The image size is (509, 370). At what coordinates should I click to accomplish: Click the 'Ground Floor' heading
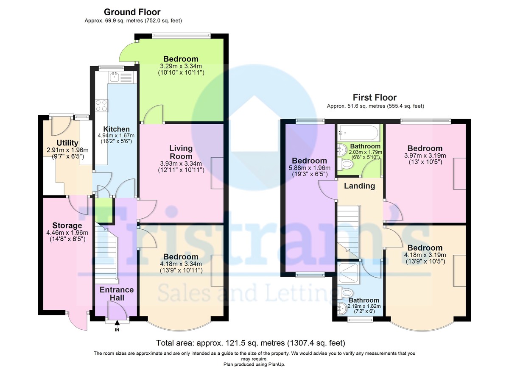[132, 12]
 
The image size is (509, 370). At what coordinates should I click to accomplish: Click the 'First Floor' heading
[375, 98]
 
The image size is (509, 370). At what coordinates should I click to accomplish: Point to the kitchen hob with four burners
[102, 105]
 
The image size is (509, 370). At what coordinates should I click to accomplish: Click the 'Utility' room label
[67, 143]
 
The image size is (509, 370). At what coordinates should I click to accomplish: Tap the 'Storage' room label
[67, 225]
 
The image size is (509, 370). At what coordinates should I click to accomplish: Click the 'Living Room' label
[181, 152]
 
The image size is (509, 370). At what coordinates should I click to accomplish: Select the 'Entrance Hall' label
[116, 294]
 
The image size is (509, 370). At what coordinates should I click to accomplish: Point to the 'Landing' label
[359, 186]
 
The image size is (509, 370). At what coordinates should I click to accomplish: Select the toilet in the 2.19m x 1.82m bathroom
[347, 293]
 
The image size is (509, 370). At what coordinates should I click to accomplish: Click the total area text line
[250, 342]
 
